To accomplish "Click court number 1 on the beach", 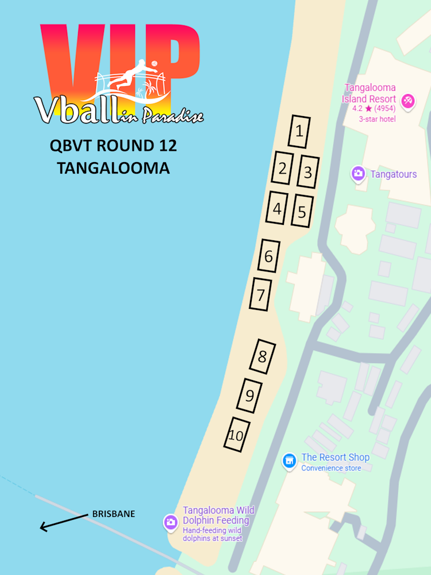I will [299, 132].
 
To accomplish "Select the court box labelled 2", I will [282, 169].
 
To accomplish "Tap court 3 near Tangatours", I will [308, 172].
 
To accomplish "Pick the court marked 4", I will [278, 208].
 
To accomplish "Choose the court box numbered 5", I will [302, 210].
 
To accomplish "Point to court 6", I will [268, 255].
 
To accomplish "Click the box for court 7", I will [261, 295].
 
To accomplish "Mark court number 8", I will [263, 357].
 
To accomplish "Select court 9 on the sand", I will [249, 396].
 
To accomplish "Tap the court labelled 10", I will [236, 435].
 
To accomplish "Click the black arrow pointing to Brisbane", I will [64, 522].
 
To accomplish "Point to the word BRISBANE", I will [113, 514].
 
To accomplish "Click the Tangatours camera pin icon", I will [359, 174].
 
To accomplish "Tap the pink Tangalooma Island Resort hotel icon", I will [408, 100].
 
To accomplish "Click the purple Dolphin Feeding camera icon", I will [171, 522].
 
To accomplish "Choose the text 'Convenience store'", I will [331, 468].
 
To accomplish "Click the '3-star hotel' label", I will [377, 119].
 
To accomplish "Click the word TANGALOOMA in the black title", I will [113, 168].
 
